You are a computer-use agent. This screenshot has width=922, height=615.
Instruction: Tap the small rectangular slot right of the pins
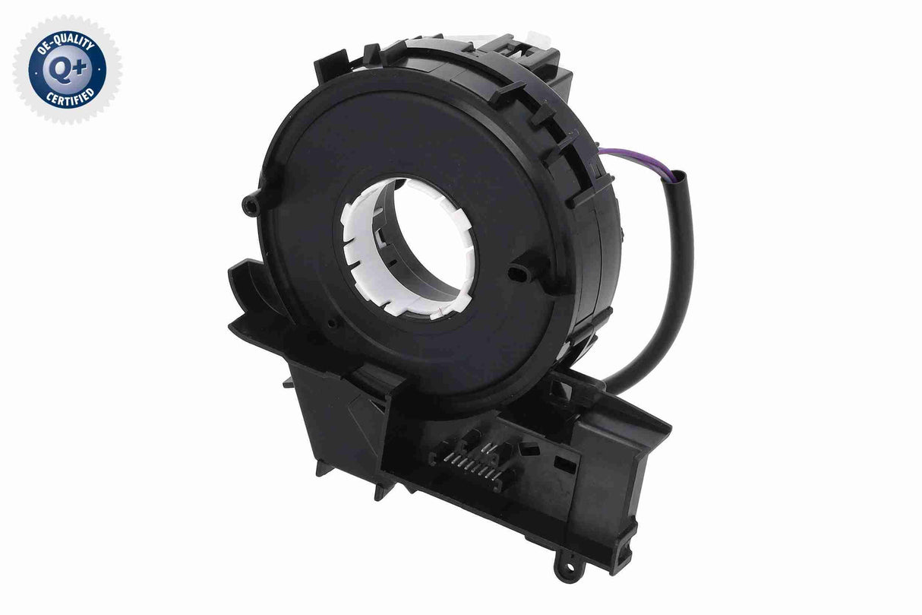564,461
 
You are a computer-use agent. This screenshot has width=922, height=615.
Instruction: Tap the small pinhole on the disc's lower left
330,323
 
